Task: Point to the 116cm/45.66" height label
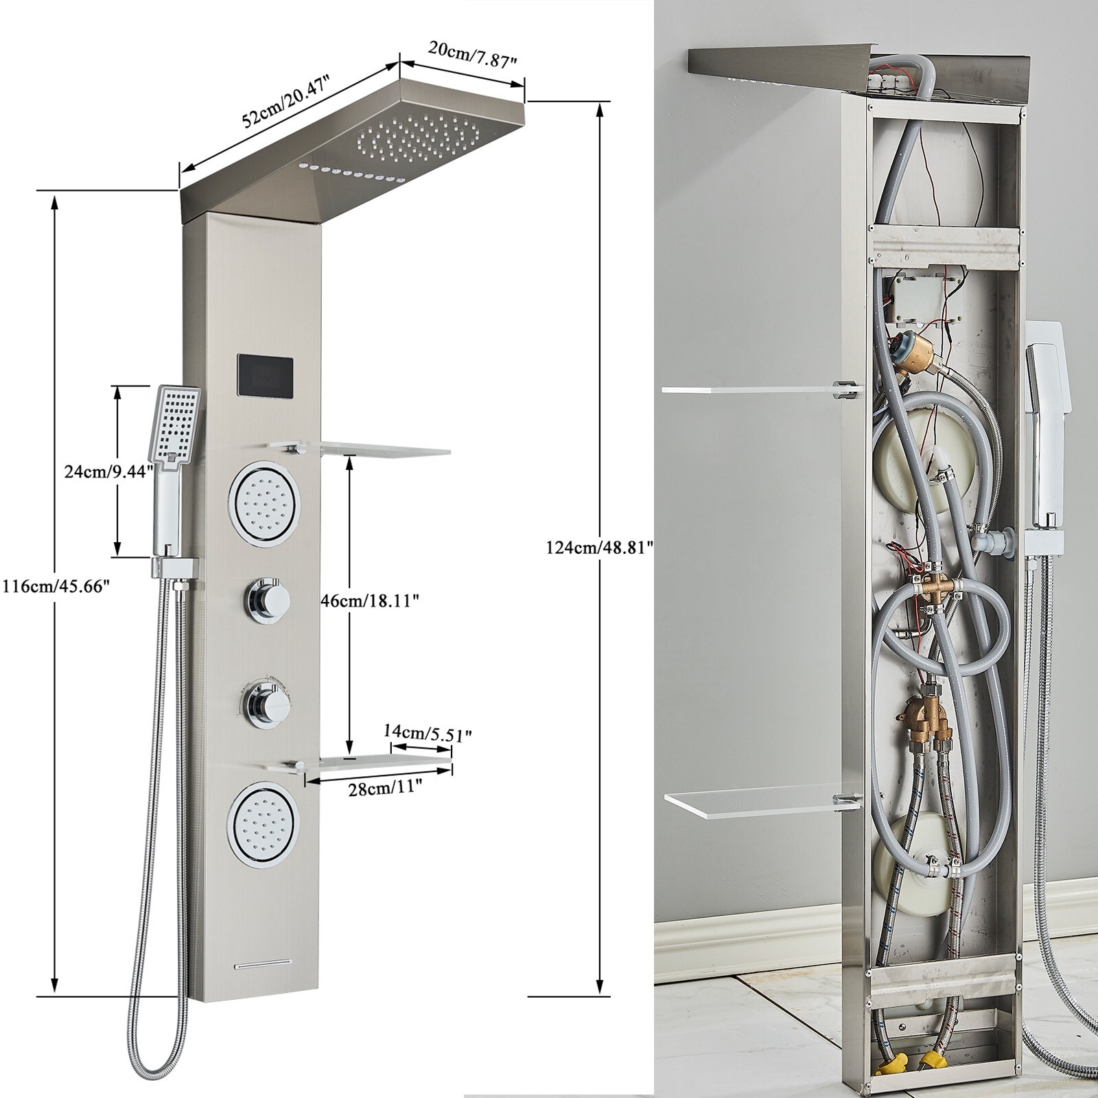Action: tap(56, 587)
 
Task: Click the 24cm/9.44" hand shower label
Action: tap(104, 471)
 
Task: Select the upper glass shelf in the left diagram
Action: tap(359, 450)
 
